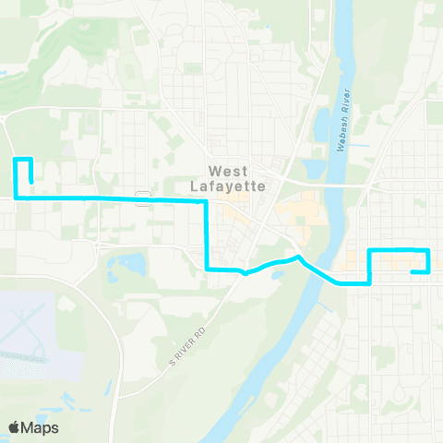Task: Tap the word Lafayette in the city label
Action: pos(234,185)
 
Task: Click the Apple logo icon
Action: pos(15,427)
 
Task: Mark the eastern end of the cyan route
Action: pos(412,271)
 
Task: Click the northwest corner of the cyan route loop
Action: pos(16,161)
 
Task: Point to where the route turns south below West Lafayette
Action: pos(206,200)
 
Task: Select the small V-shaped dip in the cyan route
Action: pos(244,273)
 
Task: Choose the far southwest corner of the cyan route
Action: pos(16,197)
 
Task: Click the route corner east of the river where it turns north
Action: pos(369,282)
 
